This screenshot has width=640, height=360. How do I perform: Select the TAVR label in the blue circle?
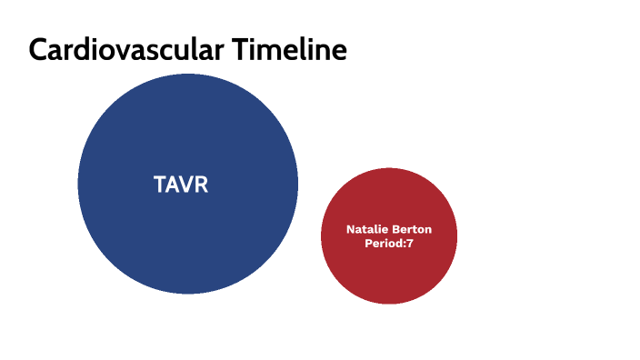pos(181,185)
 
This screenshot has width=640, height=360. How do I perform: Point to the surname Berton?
pos(412,230)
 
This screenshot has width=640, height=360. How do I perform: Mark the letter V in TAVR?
pos(187,185)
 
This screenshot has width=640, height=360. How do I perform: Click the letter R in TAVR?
pos(202,185)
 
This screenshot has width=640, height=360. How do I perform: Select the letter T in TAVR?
pos(160,185)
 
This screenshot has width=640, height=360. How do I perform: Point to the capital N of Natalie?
pos(351,230)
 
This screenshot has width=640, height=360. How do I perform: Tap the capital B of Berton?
pos(395,230)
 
